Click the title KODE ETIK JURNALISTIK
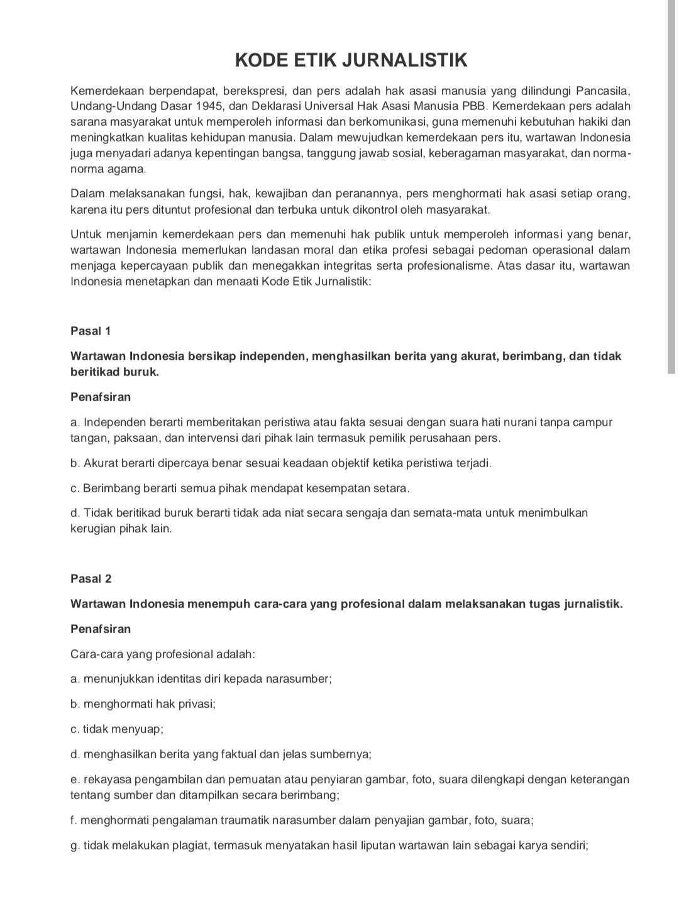(351, 60)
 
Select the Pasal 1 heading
(91, 331)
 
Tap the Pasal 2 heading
(91, 579)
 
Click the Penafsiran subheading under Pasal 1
(101, 397)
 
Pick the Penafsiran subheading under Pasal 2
(101, 629)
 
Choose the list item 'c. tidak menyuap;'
(117, 729)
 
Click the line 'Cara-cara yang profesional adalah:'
(163, 654)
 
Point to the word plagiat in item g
(188, 846)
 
